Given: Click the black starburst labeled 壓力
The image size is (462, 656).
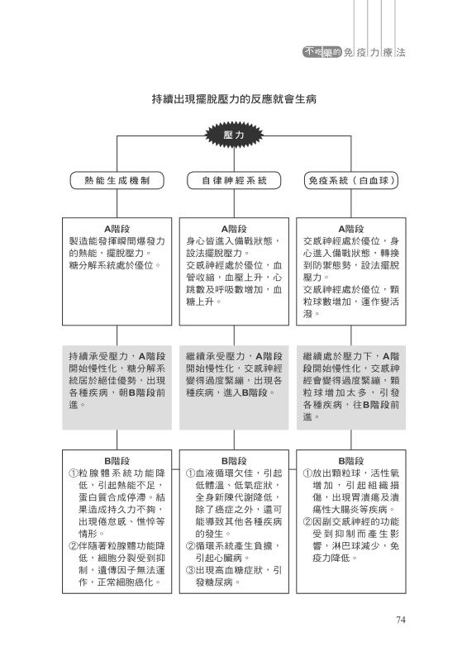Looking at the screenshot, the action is click(234, 135).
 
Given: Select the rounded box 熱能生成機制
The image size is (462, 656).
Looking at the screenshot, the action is click(117, 181).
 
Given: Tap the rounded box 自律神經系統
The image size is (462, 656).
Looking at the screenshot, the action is click(234, 181).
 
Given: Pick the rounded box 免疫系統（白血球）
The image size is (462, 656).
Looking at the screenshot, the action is click(350, 181).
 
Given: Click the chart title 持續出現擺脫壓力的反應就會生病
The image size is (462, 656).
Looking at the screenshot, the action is click(234, 99).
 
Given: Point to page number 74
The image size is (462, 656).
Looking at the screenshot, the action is click(401, 620).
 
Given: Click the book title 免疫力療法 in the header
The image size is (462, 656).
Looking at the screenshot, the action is click(374, 52).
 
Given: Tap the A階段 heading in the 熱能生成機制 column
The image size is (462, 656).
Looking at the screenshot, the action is click(117, 229).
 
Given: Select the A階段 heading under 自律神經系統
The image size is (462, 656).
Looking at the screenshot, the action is click(234, 229).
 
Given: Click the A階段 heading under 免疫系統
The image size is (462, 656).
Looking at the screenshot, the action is click(350, 229).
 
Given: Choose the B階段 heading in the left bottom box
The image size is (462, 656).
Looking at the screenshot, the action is click(117, 461).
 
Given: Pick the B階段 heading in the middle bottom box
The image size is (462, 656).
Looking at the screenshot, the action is click(234, 461).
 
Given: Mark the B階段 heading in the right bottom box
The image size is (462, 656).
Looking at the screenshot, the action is click(350, 461).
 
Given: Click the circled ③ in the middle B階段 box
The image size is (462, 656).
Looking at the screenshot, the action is click(190, 570).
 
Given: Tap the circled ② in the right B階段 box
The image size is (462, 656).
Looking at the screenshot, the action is click(307, 521).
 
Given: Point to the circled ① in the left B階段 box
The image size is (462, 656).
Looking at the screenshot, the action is click(74, 473).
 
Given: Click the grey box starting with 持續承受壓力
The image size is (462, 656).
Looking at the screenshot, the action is click(117, 387).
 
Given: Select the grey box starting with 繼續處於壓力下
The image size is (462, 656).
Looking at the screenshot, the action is click(350, 387).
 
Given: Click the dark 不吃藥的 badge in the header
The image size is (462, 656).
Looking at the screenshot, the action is click(322, 52).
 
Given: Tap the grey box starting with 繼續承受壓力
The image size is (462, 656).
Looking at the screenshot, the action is click(234, 387).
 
